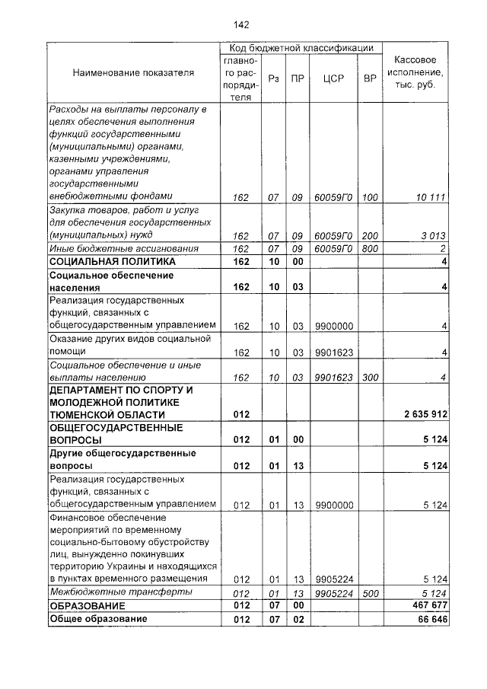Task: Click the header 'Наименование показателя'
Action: click(133, 73)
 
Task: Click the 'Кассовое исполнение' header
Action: click(415, 73)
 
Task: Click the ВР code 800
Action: click(370, 249)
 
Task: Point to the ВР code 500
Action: click(370, 593)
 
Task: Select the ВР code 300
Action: click(370, 378)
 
